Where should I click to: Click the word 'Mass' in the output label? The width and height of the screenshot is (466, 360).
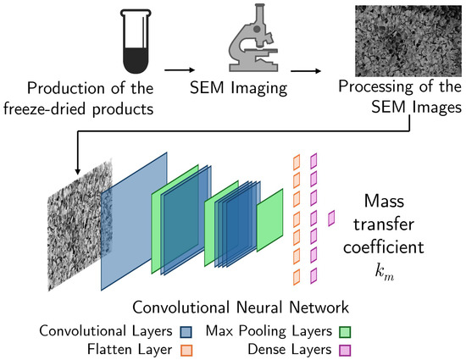click(391, 202)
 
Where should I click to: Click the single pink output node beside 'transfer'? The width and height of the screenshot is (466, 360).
click(331, 219)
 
